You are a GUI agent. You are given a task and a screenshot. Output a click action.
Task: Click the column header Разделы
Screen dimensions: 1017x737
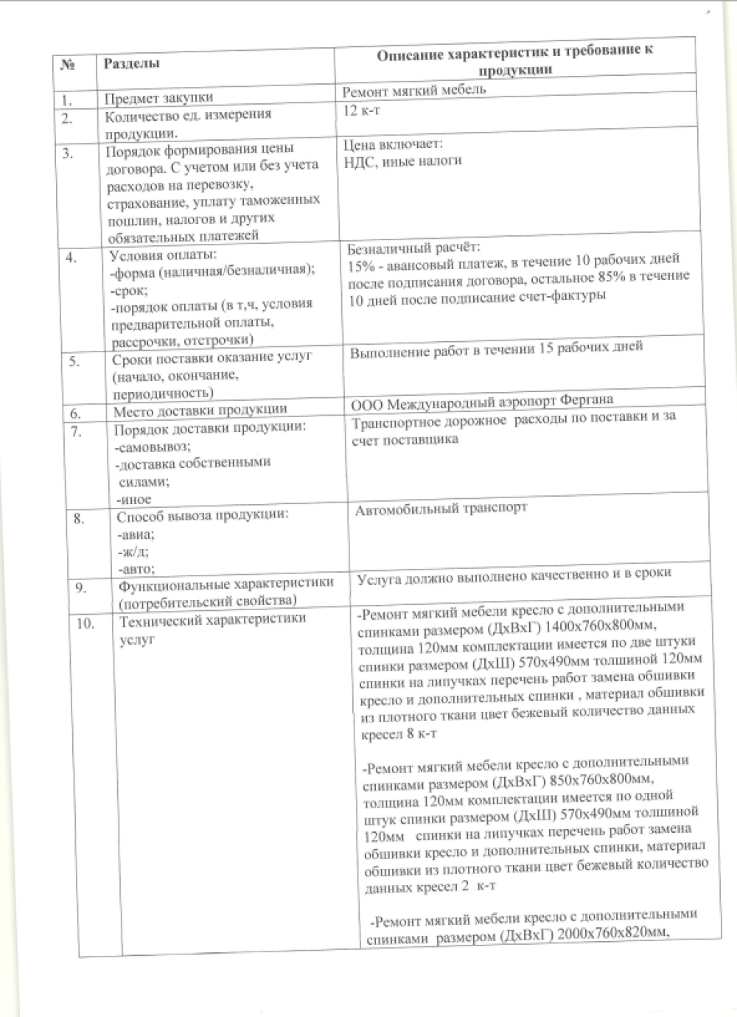[131, 63]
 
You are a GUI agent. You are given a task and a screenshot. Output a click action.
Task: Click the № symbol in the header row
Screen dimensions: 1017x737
[68, 64]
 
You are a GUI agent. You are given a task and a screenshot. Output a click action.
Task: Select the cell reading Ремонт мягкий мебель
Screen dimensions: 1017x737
[414, 91]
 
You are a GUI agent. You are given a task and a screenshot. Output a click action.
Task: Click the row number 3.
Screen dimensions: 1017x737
[69, 153]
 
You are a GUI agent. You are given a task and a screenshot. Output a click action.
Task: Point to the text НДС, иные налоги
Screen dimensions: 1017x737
[402, 161]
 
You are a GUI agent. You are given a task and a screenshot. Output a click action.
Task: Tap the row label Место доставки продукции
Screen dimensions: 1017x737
[200, 411]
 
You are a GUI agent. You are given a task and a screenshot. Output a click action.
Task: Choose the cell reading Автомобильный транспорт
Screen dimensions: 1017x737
[441, 508]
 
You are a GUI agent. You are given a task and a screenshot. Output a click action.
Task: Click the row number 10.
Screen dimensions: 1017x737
[85, 623]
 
